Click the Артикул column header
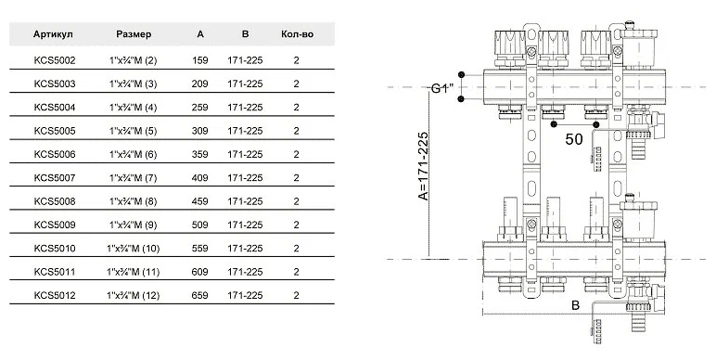pyautogui.click(x=53, y=34)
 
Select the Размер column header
pyautogui.click(x=134, y=34)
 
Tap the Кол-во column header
pyautogui.click(x=298, y=34)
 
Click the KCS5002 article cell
pyautogui.click(x=55, y=60)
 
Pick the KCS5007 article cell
pyautogui.click(x=55, y=178)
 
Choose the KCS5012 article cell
pyautogui.click(x=55, y=295)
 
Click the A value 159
pyautogui.click(x=200, y=60)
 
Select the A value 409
pyautogui.click(x=200, y=178)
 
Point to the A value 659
pyautogui.click(x=200, y=295)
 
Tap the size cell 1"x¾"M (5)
pyautogui.click(x=133, y=131)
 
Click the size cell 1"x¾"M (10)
pyautogui.click(x=133, y=249)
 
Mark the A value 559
pyautogui.click(x=200, y=248)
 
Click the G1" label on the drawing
pyautogui.click(x=442, y=89)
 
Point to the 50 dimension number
pyautogui.click(x=574, y=139)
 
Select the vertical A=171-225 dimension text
pyautogui.click(x=423, y=166)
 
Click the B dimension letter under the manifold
pyautogui.click(x=575, y=305)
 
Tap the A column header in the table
pyautogui.click(x=200, y=34)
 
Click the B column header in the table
pyautogui.click(x=245, y=34)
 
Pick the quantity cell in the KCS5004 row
pyautogui.click(x=297, y=108)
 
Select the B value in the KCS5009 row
pyautogui.click(x=245, y=225)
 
